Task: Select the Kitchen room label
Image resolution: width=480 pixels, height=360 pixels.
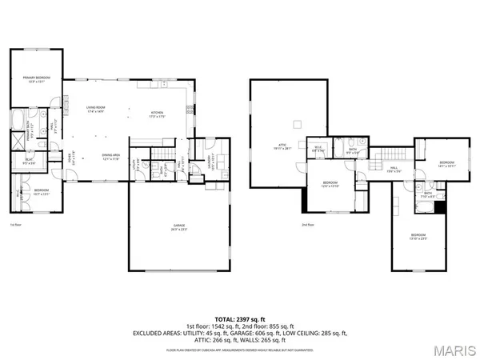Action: click(157, 113)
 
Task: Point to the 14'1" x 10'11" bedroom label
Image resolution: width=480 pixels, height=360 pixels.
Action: click(446, 165)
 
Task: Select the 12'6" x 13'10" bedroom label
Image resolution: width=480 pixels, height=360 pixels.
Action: click(330, 184)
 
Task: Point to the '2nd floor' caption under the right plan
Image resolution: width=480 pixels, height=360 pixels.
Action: click(307, 225)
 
